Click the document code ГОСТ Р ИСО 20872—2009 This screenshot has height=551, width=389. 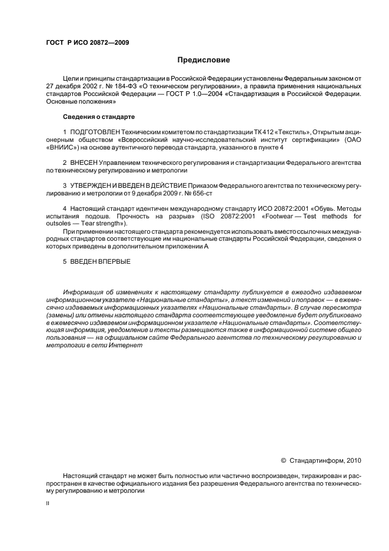click(87, 43)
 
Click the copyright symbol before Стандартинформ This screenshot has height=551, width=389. click(284, 460)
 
